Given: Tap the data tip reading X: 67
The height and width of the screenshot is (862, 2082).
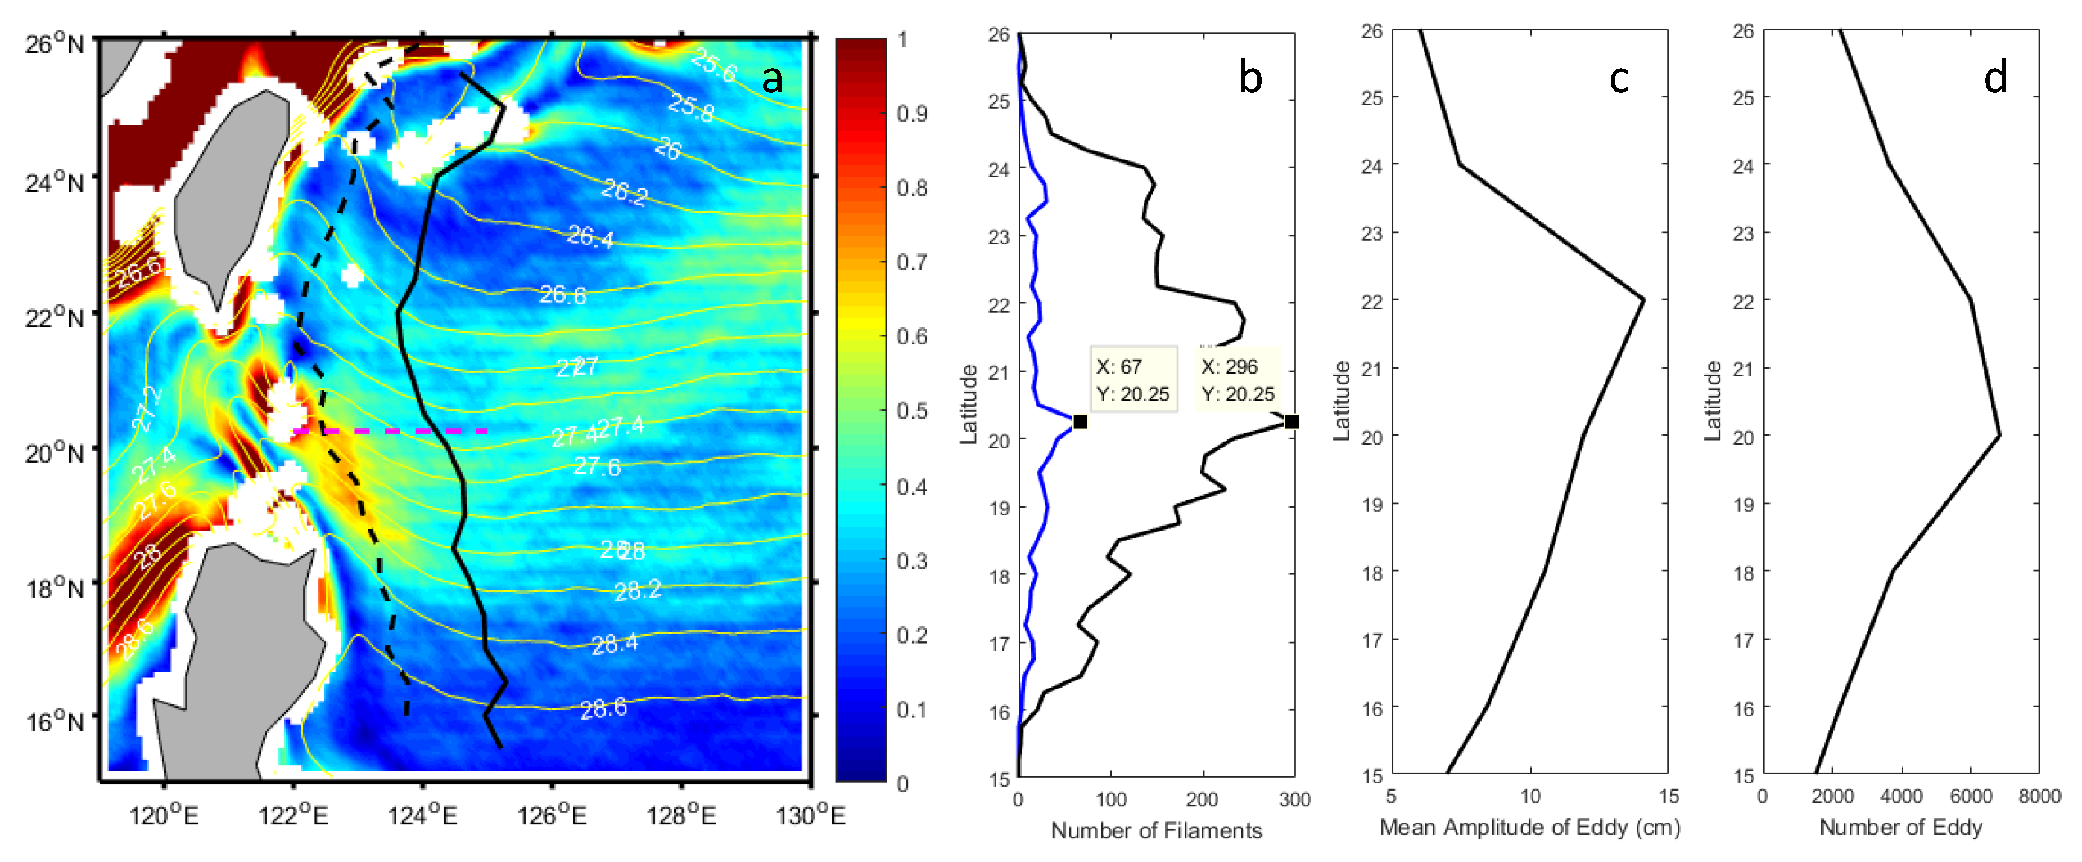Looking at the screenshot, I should point(1132,379).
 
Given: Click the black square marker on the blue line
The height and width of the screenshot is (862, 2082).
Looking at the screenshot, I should point(1080,421).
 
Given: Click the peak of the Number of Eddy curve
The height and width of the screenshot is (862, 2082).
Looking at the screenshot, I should point(1999,436).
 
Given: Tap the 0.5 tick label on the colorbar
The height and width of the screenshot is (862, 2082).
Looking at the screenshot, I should point(912,411).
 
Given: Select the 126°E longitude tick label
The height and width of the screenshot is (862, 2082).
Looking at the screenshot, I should point(552,816).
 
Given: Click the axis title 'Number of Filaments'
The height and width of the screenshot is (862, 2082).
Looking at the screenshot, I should point(1156,830).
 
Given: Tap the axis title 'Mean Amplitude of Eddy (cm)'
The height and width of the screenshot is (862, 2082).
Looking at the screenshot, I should point(1529,827).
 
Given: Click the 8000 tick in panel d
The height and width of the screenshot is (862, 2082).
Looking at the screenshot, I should point(2039,797).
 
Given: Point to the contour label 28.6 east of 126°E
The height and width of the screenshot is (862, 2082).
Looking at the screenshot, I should point(603,709).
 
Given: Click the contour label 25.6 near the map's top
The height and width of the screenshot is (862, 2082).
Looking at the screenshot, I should point(713,65).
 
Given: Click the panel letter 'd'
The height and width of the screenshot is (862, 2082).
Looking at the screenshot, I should point(1995,78).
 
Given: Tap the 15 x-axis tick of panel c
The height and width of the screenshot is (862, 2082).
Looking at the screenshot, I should point(1668,797).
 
